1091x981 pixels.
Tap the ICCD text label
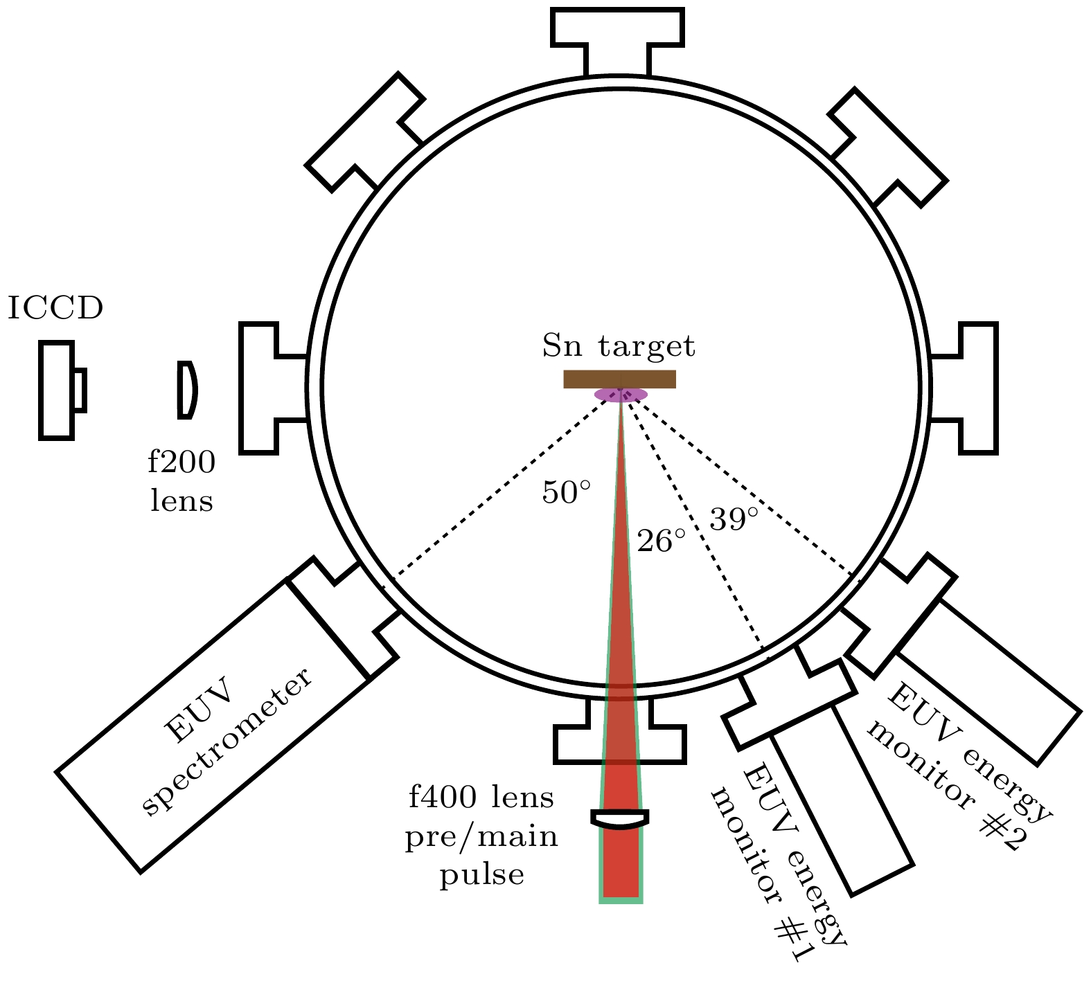55,308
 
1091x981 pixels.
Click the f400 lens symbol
620,819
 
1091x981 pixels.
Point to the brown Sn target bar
619,379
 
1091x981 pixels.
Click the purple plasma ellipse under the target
621,395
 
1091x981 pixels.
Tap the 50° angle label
567,492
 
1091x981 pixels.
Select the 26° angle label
662,541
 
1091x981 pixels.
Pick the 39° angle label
734,519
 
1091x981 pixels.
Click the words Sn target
619,345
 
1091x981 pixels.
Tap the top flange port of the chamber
618,42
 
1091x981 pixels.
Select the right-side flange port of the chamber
964,388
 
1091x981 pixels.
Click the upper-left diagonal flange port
365,132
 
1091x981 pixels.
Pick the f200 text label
181,462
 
